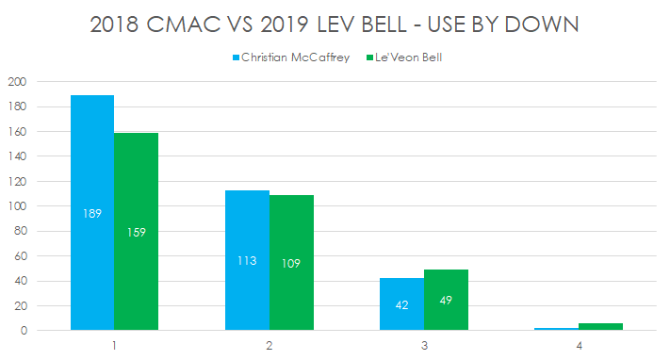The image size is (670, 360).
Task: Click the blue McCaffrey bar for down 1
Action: point(92,213)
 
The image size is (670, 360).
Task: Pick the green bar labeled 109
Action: point(291,263)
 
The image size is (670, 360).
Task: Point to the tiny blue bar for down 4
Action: point(556,329)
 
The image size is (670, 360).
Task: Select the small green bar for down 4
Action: point(600,327)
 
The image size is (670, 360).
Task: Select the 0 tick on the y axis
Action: point(22,331)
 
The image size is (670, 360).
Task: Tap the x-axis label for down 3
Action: point(424,346)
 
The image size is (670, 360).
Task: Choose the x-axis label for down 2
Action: point(270,346)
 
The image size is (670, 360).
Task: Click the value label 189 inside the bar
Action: point(92,213)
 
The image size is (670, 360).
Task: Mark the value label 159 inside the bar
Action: point(137,232)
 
